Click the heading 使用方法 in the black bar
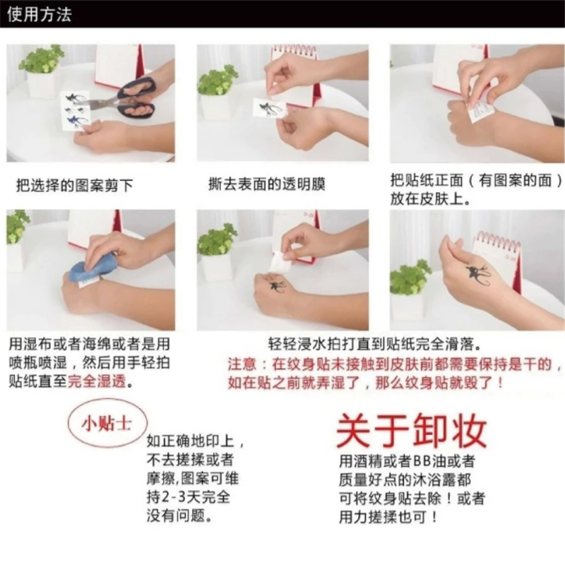(x=40, y=14)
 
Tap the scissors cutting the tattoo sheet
(x=125, y=98)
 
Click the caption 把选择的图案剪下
(x=75, y=185)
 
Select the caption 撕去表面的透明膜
(x=267, y=184)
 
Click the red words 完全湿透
(x=97, y=381)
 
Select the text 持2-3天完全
(x=188, y=497)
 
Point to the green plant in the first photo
(x=42, y=59)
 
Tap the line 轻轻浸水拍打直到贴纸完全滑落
(x=375, y=344)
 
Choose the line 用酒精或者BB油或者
(x=408, y=461)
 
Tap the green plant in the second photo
(x=218, y=81)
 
